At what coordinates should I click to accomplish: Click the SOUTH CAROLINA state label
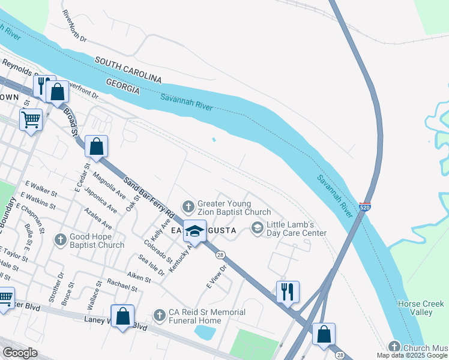click(128, 70)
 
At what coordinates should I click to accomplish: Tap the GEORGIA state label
click(123, 86)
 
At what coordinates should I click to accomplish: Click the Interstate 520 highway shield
click(365, 208)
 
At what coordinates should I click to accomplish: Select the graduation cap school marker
click(194, 230)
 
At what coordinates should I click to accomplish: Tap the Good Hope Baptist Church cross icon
click(60, 240)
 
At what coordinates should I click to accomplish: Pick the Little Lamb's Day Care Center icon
click(257, 227)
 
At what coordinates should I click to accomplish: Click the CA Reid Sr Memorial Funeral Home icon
click(159, 314)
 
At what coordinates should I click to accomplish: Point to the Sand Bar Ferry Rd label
click(149, 197)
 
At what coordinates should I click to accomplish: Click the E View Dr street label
click(215, 277)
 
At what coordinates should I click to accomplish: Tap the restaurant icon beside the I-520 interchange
click(288, 292)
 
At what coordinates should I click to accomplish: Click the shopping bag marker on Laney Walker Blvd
click(122, 317)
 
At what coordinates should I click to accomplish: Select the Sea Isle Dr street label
click(152, 265)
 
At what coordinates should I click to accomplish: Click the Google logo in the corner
click(19, 353)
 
